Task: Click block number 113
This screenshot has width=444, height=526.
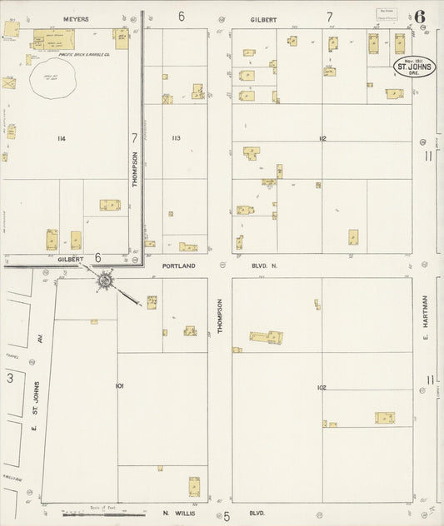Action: tap(176, 137)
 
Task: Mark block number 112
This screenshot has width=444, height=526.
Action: tap(322, 137)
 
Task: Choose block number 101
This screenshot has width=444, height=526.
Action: tap(120, 385)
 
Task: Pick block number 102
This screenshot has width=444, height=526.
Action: tap(322, 387)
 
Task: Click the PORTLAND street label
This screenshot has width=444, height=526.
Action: tap(180, 265)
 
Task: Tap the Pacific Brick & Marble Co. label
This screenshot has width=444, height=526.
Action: tap(57, 54)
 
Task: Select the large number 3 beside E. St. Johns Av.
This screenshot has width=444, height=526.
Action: tap(10, 379)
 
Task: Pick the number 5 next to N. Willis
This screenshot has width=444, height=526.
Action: tap(226, 516)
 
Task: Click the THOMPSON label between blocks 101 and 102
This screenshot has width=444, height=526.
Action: tap(221, 317)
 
